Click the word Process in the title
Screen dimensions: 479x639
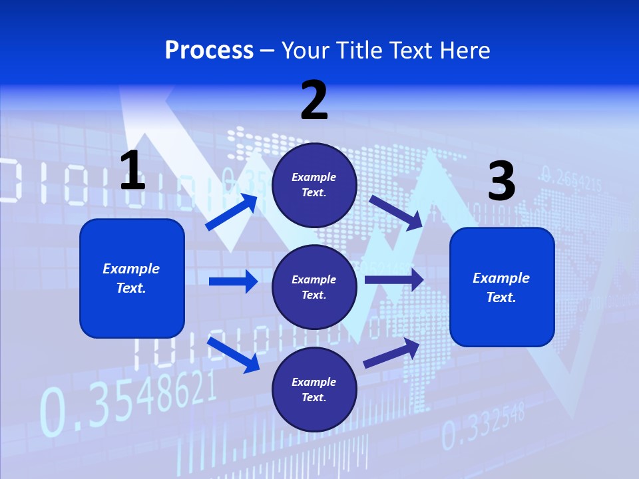tap(209, 51)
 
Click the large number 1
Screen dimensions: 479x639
tap(132, 170)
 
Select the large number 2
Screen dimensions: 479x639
tap(314, 100)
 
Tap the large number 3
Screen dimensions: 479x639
tap(501, 181)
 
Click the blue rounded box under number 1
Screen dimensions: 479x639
tap(132, 278)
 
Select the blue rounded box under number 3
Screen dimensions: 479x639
tap(502, 287)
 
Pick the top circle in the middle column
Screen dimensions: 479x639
tap(314, 185)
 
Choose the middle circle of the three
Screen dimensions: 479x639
tap(314, 287)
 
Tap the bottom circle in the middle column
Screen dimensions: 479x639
tap(314, 389)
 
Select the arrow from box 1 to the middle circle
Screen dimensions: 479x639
tap(233, 281)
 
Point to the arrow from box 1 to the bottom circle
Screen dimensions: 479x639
tap(233, 354)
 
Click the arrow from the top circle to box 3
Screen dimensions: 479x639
tap(397, 212)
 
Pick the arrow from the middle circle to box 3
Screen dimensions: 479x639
tap(394, 280)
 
